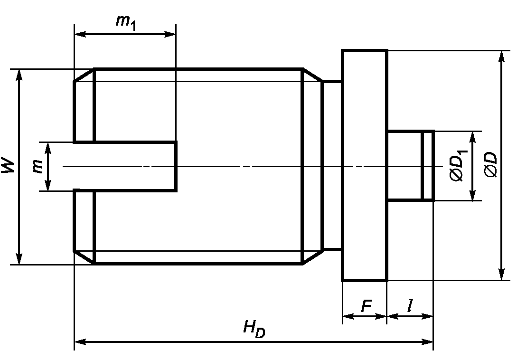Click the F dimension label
(367, 306)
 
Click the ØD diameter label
(490, 165)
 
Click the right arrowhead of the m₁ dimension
(170, 34)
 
